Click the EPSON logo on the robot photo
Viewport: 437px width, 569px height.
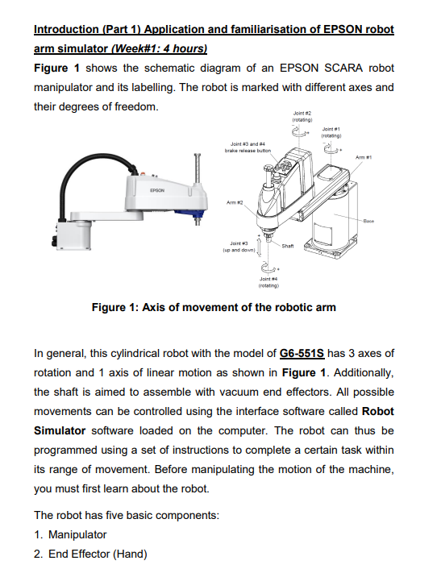pyautogui.click(x=156, y=190)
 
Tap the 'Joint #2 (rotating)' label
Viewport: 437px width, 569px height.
pyautogui.click(x=302, y=116)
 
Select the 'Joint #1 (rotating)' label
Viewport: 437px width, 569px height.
pyautogui.click(x=331, y=132)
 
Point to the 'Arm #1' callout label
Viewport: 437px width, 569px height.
pyautogui.click(x=364, y=157)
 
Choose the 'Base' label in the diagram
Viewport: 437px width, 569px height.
pyautogui.click(x=368, y=221)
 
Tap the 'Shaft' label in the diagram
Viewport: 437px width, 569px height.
pyautogui.click(x=288, y=246)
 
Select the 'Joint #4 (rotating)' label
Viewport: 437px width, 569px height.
pyautogui.click(x=268, y=282)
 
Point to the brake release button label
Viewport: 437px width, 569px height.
pyautogui.click(x=248, y=147)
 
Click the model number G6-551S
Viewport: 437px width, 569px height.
pyautogui.click(x=302, y=353)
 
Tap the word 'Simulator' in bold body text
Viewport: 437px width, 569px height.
pyautogui.click(x=60, y=430)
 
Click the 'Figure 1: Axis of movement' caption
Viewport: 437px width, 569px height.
pyautogui.click(x=214, y=307)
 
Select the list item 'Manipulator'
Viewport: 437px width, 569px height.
pyautogui.click(x=77, y=534)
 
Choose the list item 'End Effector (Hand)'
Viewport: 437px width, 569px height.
pyautogui.click(x=98, y=554)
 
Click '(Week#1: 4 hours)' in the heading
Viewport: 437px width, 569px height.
pyautogui.click(x=159, y=48)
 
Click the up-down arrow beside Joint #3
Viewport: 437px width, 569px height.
pyautogui.click(x=260, y=247)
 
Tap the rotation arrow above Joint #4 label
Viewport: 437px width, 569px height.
pyautogui.click(x=268, y=268)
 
